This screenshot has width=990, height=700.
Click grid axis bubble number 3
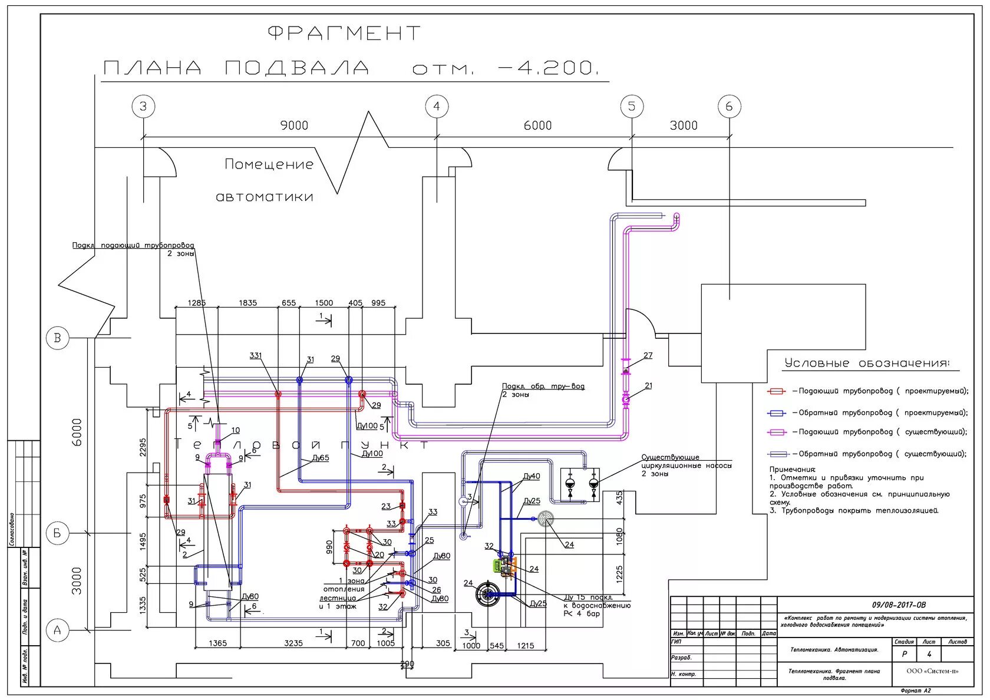pos(143,107)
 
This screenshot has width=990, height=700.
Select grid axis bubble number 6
pos(729,107)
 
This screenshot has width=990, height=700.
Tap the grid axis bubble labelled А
pos(57,630)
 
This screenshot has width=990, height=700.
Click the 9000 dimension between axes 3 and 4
pos(294,126)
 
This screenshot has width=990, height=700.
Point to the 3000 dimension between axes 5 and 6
pos(684,126)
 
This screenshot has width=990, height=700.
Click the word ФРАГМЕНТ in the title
pos(345,33)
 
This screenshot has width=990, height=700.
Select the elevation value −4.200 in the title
pos(548,68)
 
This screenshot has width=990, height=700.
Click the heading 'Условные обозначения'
pos(866,363)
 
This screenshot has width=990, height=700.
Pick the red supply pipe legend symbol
pos(777,391)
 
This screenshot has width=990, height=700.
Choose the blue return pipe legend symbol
pos(777,413)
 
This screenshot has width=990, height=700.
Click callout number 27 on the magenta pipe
pos(648,355)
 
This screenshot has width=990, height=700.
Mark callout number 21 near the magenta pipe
pos(648,386)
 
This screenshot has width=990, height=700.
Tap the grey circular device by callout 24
pos(546,519)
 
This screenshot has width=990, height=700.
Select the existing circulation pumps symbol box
pos(580,484)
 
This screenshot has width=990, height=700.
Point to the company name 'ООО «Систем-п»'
pos(932,671)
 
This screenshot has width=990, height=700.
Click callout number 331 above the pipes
pos(256,355)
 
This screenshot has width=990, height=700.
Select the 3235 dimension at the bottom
pos(293,643)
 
